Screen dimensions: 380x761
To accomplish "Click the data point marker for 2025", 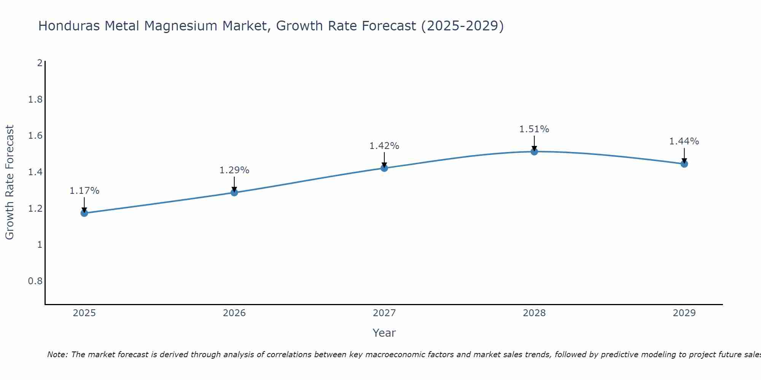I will pyautogui.click(x=84, y=213).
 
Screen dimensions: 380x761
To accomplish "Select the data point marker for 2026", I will pyautogui.click(x=234, y=193).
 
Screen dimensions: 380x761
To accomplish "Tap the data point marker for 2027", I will pyautogui.click(x=384, y=168).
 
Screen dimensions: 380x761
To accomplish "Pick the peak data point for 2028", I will pyautogui.click(x=534, y=152).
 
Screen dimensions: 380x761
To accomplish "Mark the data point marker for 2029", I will pyautogui.click(x=684, y=164).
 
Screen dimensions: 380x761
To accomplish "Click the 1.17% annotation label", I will pyautogui.click(x=84, y=191).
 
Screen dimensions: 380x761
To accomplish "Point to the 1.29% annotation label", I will pyautogui.click(x=234, y=170).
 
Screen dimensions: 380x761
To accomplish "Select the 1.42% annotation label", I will pyautogui.click(x=384, y=146).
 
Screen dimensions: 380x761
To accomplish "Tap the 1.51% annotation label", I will pyautogui.click(x=534, y=129).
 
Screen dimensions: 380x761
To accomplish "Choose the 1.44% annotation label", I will pyautogui.click(x=684, y=141).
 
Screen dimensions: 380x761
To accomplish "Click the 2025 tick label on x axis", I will pyautogui.click(x=84, y=313).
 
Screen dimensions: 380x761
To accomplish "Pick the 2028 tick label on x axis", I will pyautogui.click(x=534, y=313).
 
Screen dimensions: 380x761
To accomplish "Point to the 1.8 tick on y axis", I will pyautogui.click(x=35, y=100).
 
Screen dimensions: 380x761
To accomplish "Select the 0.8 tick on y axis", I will pyautogui.click(x=35, y=281).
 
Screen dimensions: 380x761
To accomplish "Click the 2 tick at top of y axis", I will pyautogui.click(x=40, y=63).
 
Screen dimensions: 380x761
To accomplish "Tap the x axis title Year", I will pyautogui.click(x=384, y=333).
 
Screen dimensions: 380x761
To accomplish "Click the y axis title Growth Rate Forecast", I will pyautogui.click(x=10, y=182).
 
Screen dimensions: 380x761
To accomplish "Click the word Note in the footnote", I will pyautogui.click(x=57, y=355).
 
